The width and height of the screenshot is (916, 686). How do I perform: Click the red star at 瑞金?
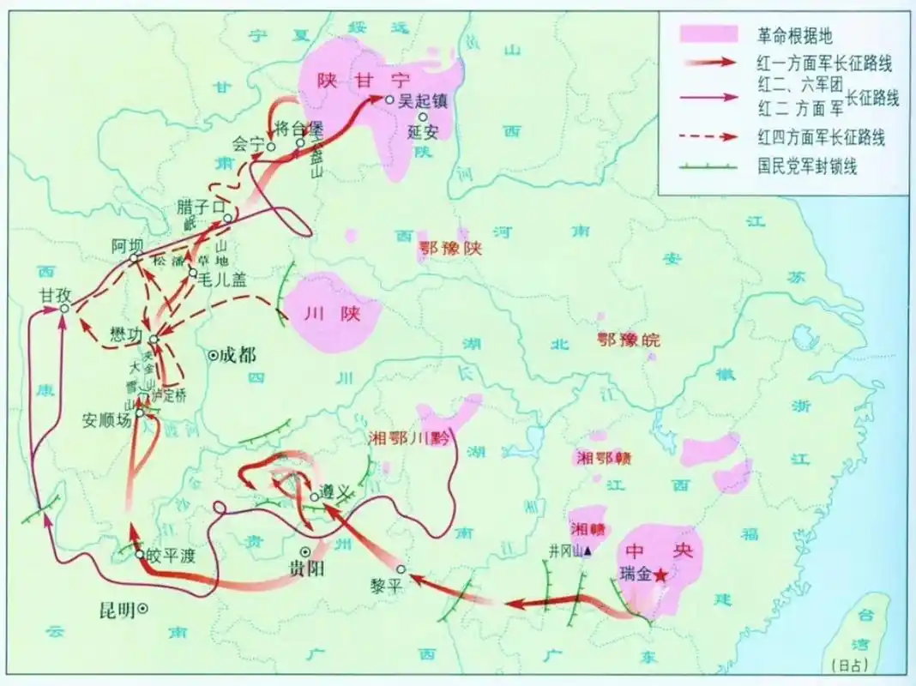click(x=660, y=577)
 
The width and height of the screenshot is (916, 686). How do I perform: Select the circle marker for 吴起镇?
click(x=389, y=100)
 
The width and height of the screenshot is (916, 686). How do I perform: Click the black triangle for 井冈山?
click(x=588, y=551)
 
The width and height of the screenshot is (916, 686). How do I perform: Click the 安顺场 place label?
click(x=107, y=421)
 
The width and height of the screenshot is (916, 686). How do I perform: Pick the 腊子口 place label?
click(x=200, y=206)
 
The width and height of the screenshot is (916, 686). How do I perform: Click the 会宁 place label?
click(x=249, y=144)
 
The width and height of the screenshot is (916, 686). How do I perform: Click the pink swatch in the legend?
click(x=709, y=34)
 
